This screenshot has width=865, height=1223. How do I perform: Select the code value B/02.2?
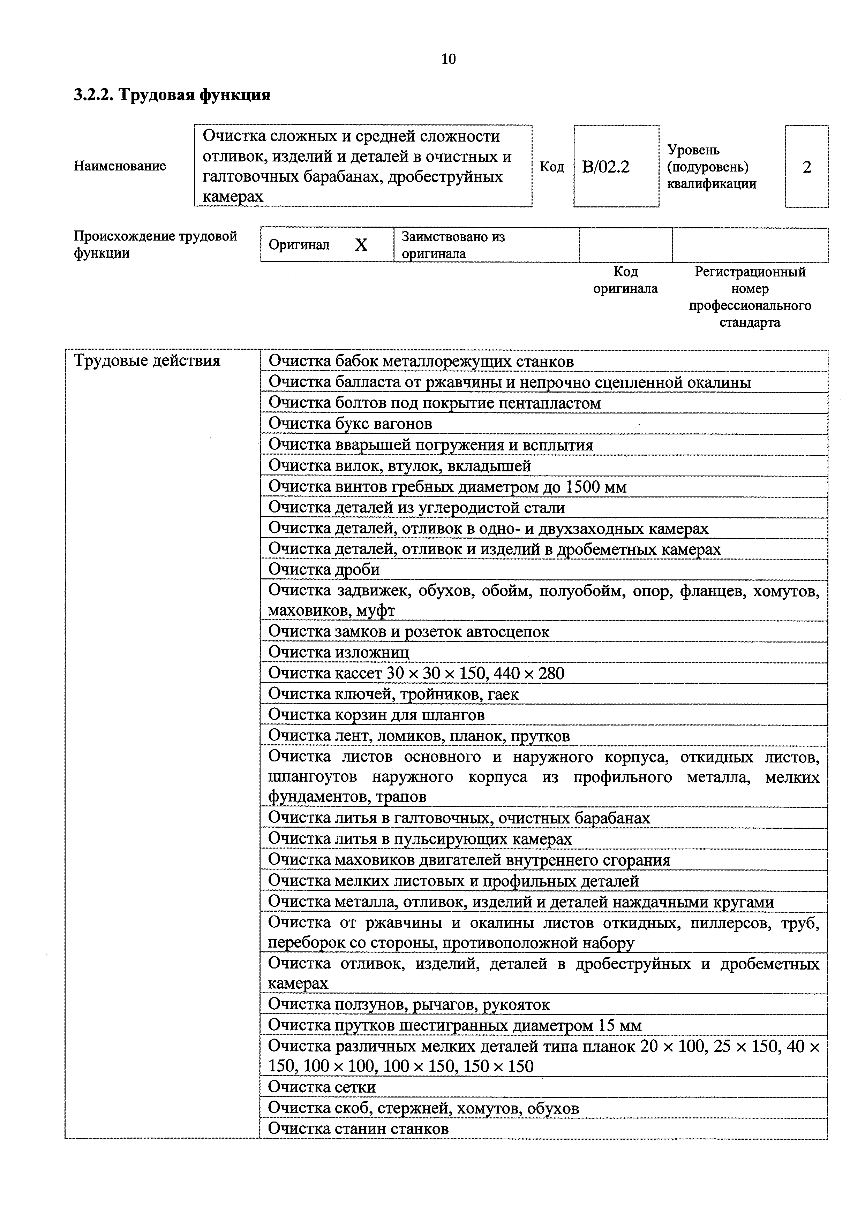(605, 167)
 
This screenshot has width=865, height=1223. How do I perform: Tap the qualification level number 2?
(806, 167)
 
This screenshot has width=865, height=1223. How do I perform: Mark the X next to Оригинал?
(361, 245)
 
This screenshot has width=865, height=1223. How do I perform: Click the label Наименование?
(120, 166)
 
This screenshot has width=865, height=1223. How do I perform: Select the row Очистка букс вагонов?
(350, 424)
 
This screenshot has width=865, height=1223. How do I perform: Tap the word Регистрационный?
(750, 272)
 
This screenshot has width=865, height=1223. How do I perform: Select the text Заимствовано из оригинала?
(453, 245)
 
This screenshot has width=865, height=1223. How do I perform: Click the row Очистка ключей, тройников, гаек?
(393, 694)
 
